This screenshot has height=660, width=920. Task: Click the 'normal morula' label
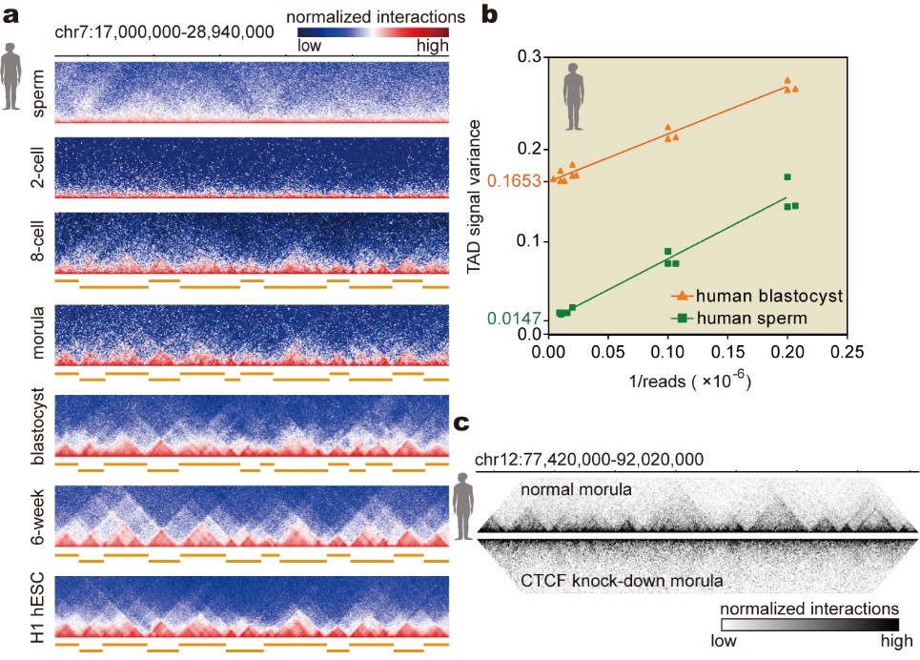[576, 489]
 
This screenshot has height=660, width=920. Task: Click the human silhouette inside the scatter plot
[573, 90]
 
